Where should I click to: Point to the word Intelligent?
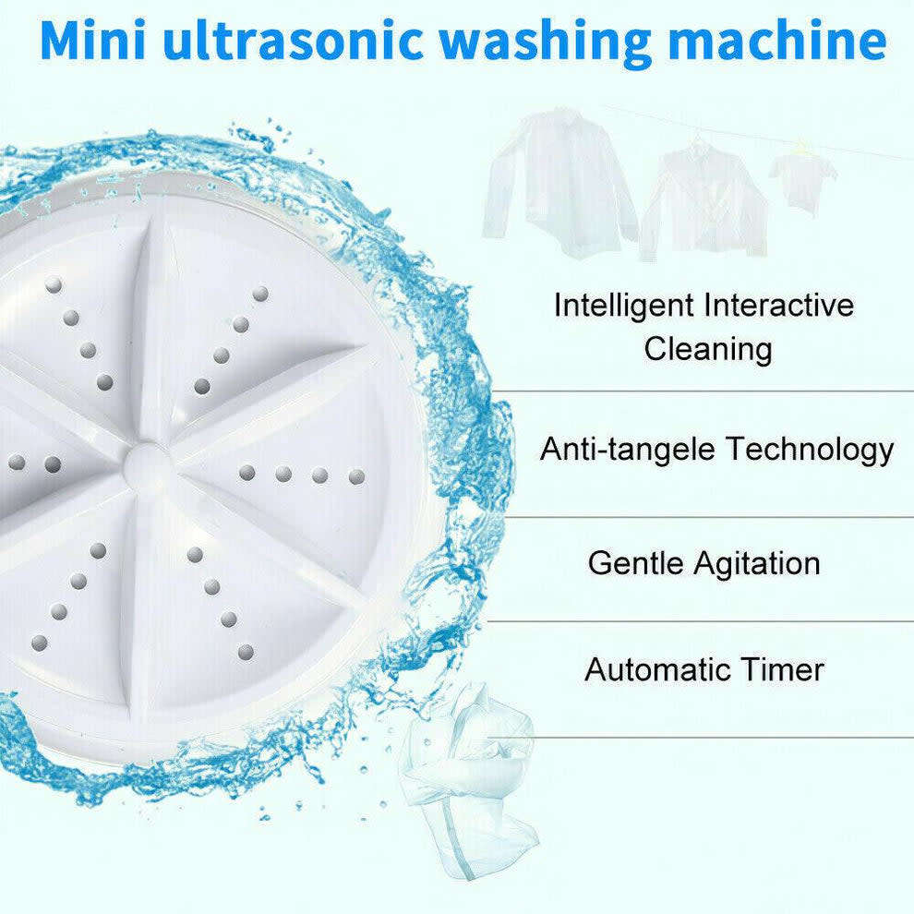[x=623, y=305]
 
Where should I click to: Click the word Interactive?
[x=779, y=305]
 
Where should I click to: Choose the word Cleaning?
[x=708, y=349]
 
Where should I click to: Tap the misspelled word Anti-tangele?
[x=628, y=450]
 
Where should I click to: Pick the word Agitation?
[x=762, y=563]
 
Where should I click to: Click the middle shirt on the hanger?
[x=702, y=198]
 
